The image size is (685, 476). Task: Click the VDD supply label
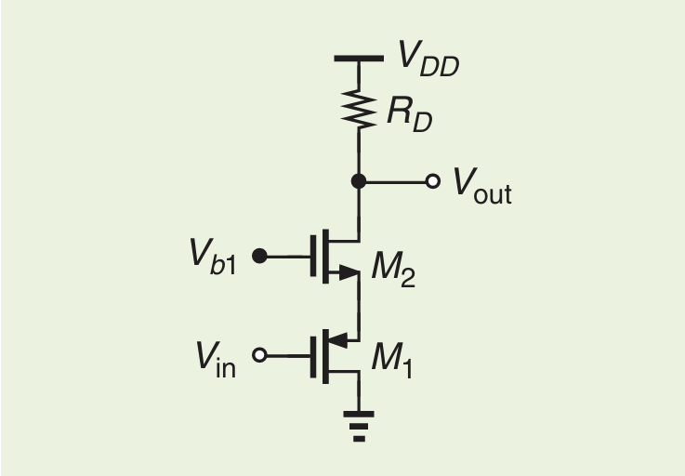428,57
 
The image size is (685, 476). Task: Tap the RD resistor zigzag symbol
359,110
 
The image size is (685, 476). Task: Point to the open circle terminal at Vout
432,181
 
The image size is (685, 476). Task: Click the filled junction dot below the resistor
359,181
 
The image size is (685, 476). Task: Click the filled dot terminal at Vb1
260,256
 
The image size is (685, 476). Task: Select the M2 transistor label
392,270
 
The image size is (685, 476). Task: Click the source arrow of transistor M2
347,272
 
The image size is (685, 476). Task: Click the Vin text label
216,359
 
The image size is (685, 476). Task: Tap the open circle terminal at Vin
260,354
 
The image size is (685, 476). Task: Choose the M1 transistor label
391,360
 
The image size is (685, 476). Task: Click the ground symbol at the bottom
359,424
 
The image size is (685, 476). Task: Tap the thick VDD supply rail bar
359,59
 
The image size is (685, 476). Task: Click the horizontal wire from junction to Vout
395,181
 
